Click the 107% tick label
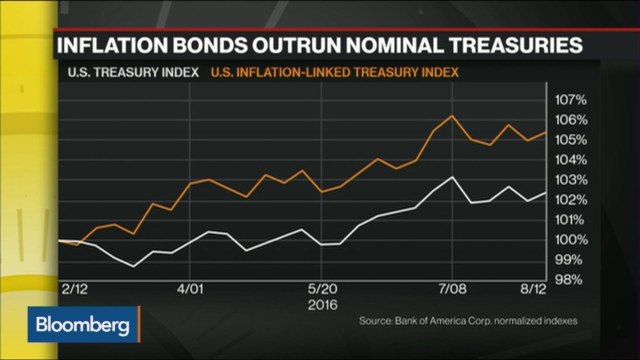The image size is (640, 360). coord(570,100)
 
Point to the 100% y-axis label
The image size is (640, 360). coord(571,240)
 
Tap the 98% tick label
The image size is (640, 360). coord(569,280)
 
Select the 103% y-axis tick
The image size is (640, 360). coord(571,180)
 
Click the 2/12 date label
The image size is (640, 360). coord(74,289)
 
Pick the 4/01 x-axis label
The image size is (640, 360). coord(190,289)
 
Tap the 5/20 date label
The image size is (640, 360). coord(322,289)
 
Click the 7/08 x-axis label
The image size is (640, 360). coord(452,289)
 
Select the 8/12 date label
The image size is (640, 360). coord(533,289)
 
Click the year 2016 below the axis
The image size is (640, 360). coord(322,305)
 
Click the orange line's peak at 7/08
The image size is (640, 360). coord(452,116)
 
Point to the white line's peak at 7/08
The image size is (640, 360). coord(452,177)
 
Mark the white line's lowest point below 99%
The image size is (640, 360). coord(134,266)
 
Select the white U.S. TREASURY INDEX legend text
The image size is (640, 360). coord(133,72)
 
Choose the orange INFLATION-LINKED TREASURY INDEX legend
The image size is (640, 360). coord(335,72)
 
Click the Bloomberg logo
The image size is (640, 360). coord(83,324)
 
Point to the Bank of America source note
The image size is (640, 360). coord(468,321)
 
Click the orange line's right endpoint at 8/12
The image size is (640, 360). coord(545,133)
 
